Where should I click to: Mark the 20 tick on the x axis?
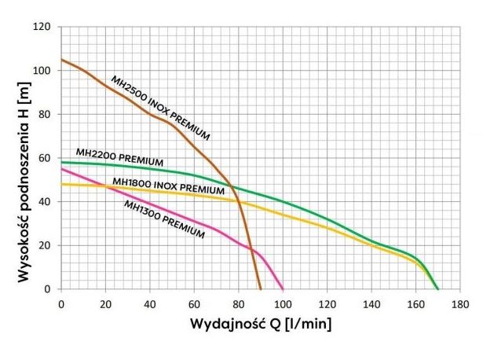pyautogui.click(x=105, y=302)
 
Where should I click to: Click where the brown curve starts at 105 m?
pyautogui.click(x=62, y=60)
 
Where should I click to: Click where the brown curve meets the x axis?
pyautogui.click(x=260, y=288)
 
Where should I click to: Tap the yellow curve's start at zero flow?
pyautogui.click(x=62, y=184)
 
